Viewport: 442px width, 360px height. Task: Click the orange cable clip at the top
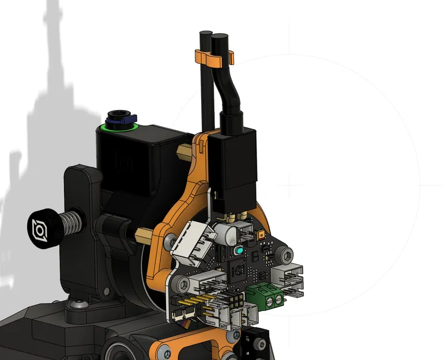click(x=212, y=57)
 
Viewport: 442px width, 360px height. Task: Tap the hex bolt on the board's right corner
click(x=286, y=254)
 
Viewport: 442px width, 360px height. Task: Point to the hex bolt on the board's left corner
click(x=183, y=283)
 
